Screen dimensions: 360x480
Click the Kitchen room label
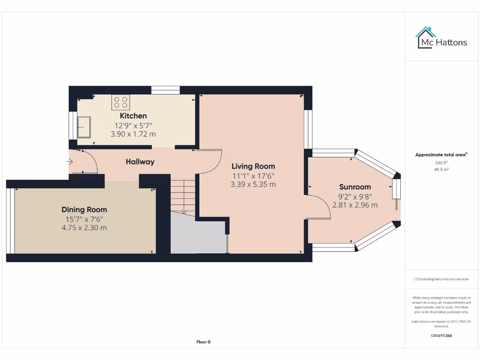[x=133, y=116]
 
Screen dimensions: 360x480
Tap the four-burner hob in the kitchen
[x=120, y=102]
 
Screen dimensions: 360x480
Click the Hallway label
[x=140, y=162]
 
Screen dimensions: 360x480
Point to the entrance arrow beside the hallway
[x=69, y=162]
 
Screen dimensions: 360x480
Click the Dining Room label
[x=84, y=210]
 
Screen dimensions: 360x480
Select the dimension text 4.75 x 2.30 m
[x=84, y=228]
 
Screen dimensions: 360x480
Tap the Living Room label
[x=253, y=166]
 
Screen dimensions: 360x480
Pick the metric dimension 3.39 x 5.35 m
[x=253, y=184]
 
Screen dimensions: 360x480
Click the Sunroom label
[x=355, y=187]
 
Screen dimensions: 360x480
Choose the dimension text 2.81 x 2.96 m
[x=355, y=205]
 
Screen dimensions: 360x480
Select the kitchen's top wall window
[x=165, y=90]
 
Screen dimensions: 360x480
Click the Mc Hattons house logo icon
[x=425, y=37]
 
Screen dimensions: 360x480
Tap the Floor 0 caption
[x=203, y=342]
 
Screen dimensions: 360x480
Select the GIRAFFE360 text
[x=441, y=336]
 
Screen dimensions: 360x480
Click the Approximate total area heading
[x=441, y=155]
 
